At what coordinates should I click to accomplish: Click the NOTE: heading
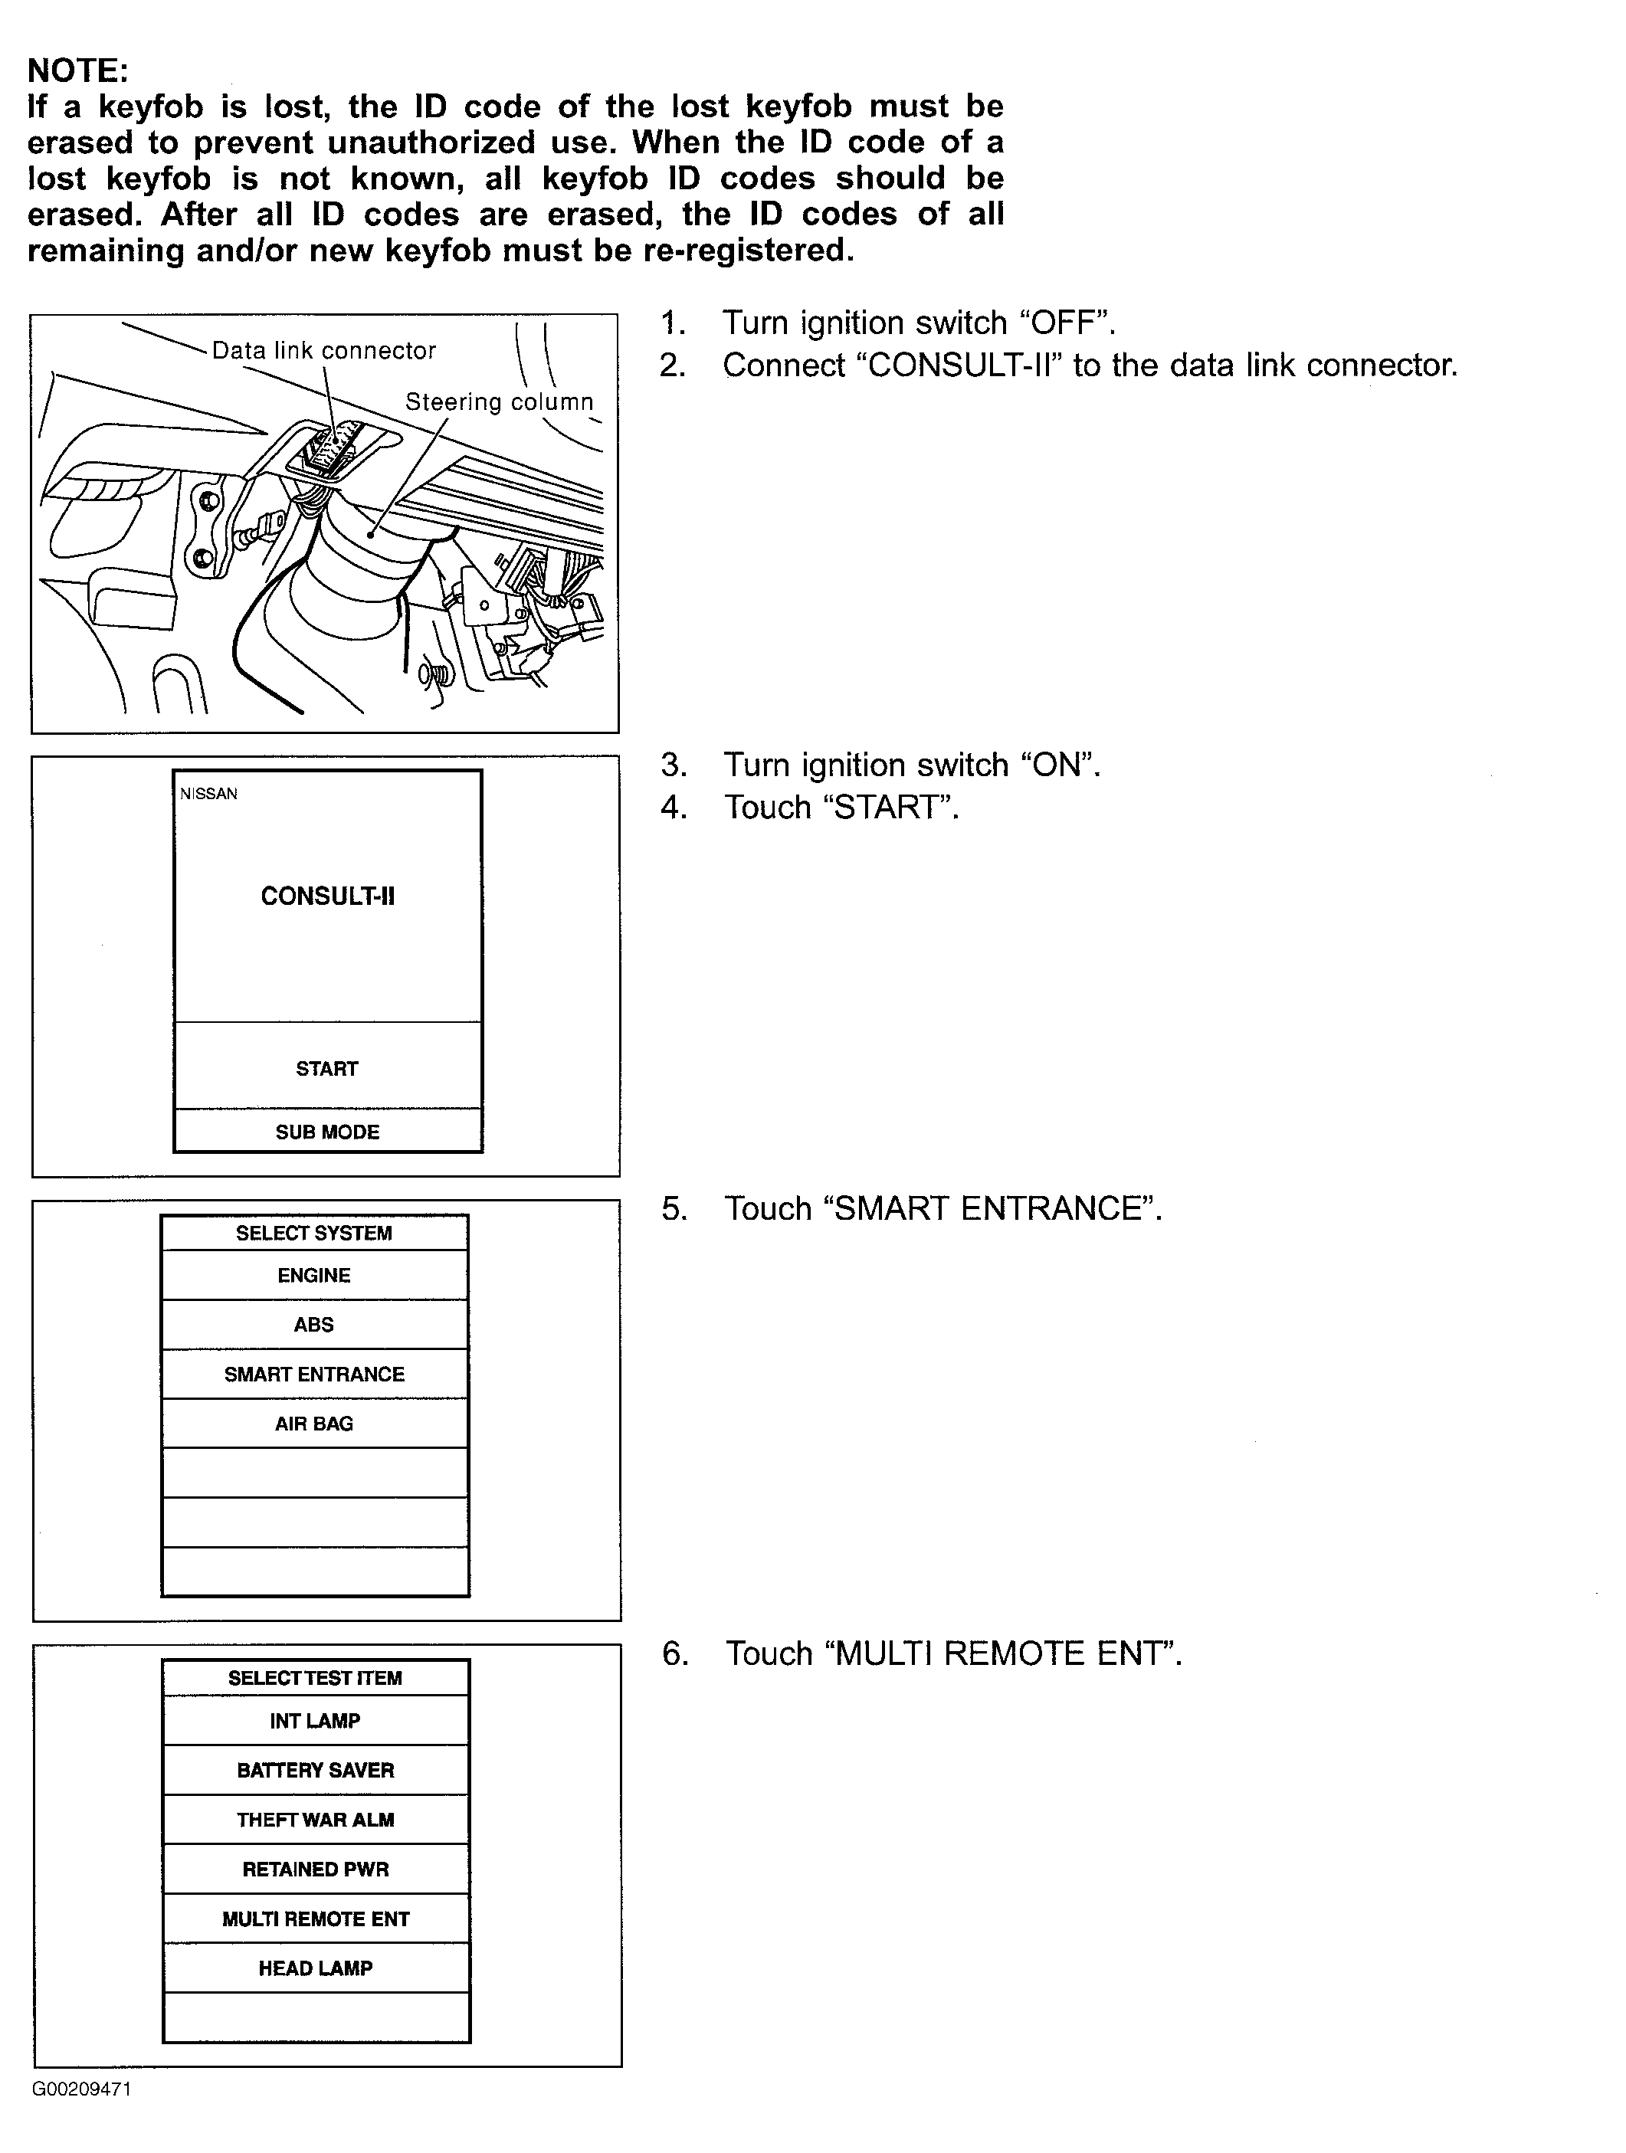[78, 70]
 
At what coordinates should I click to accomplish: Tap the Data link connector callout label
[323, 350]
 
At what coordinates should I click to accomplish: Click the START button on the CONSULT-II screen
[327, 1069]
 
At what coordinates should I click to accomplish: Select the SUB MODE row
[327, 1132]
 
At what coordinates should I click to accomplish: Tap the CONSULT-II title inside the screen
[327, 896]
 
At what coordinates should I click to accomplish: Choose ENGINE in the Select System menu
[313, 1275]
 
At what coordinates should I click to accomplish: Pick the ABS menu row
[313, 1325]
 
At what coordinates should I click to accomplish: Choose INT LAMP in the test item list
[316, 1721]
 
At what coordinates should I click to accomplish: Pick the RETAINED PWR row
[316, 1870]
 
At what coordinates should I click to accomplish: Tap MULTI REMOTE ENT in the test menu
[316, 1919]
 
